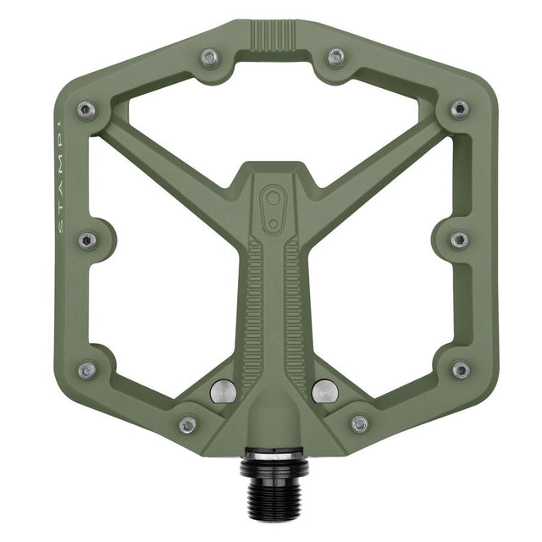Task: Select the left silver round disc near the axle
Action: click(x=223, y=390)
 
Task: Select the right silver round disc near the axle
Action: click(x=323, y=390)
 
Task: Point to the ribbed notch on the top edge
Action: click(x=273, y=36)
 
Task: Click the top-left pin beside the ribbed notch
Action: click(x=208, y=58)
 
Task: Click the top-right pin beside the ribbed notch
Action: click(x=336, y=58)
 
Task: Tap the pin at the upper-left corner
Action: click(x=85, y=109)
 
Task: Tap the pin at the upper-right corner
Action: click(x=458, y=109)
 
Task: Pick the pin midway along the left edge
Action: click(x=87, y=240)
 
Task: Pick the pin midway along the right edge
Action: click(x=458, y=240)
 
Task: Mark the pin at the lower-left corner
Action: click(x=86, y=370)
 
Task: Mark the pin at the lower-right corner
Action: click(x=460, y=370)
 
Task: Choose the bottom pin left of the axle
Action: click(x=187, y=423)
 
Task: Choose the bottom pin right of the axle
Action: click(x=360, y=423)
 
